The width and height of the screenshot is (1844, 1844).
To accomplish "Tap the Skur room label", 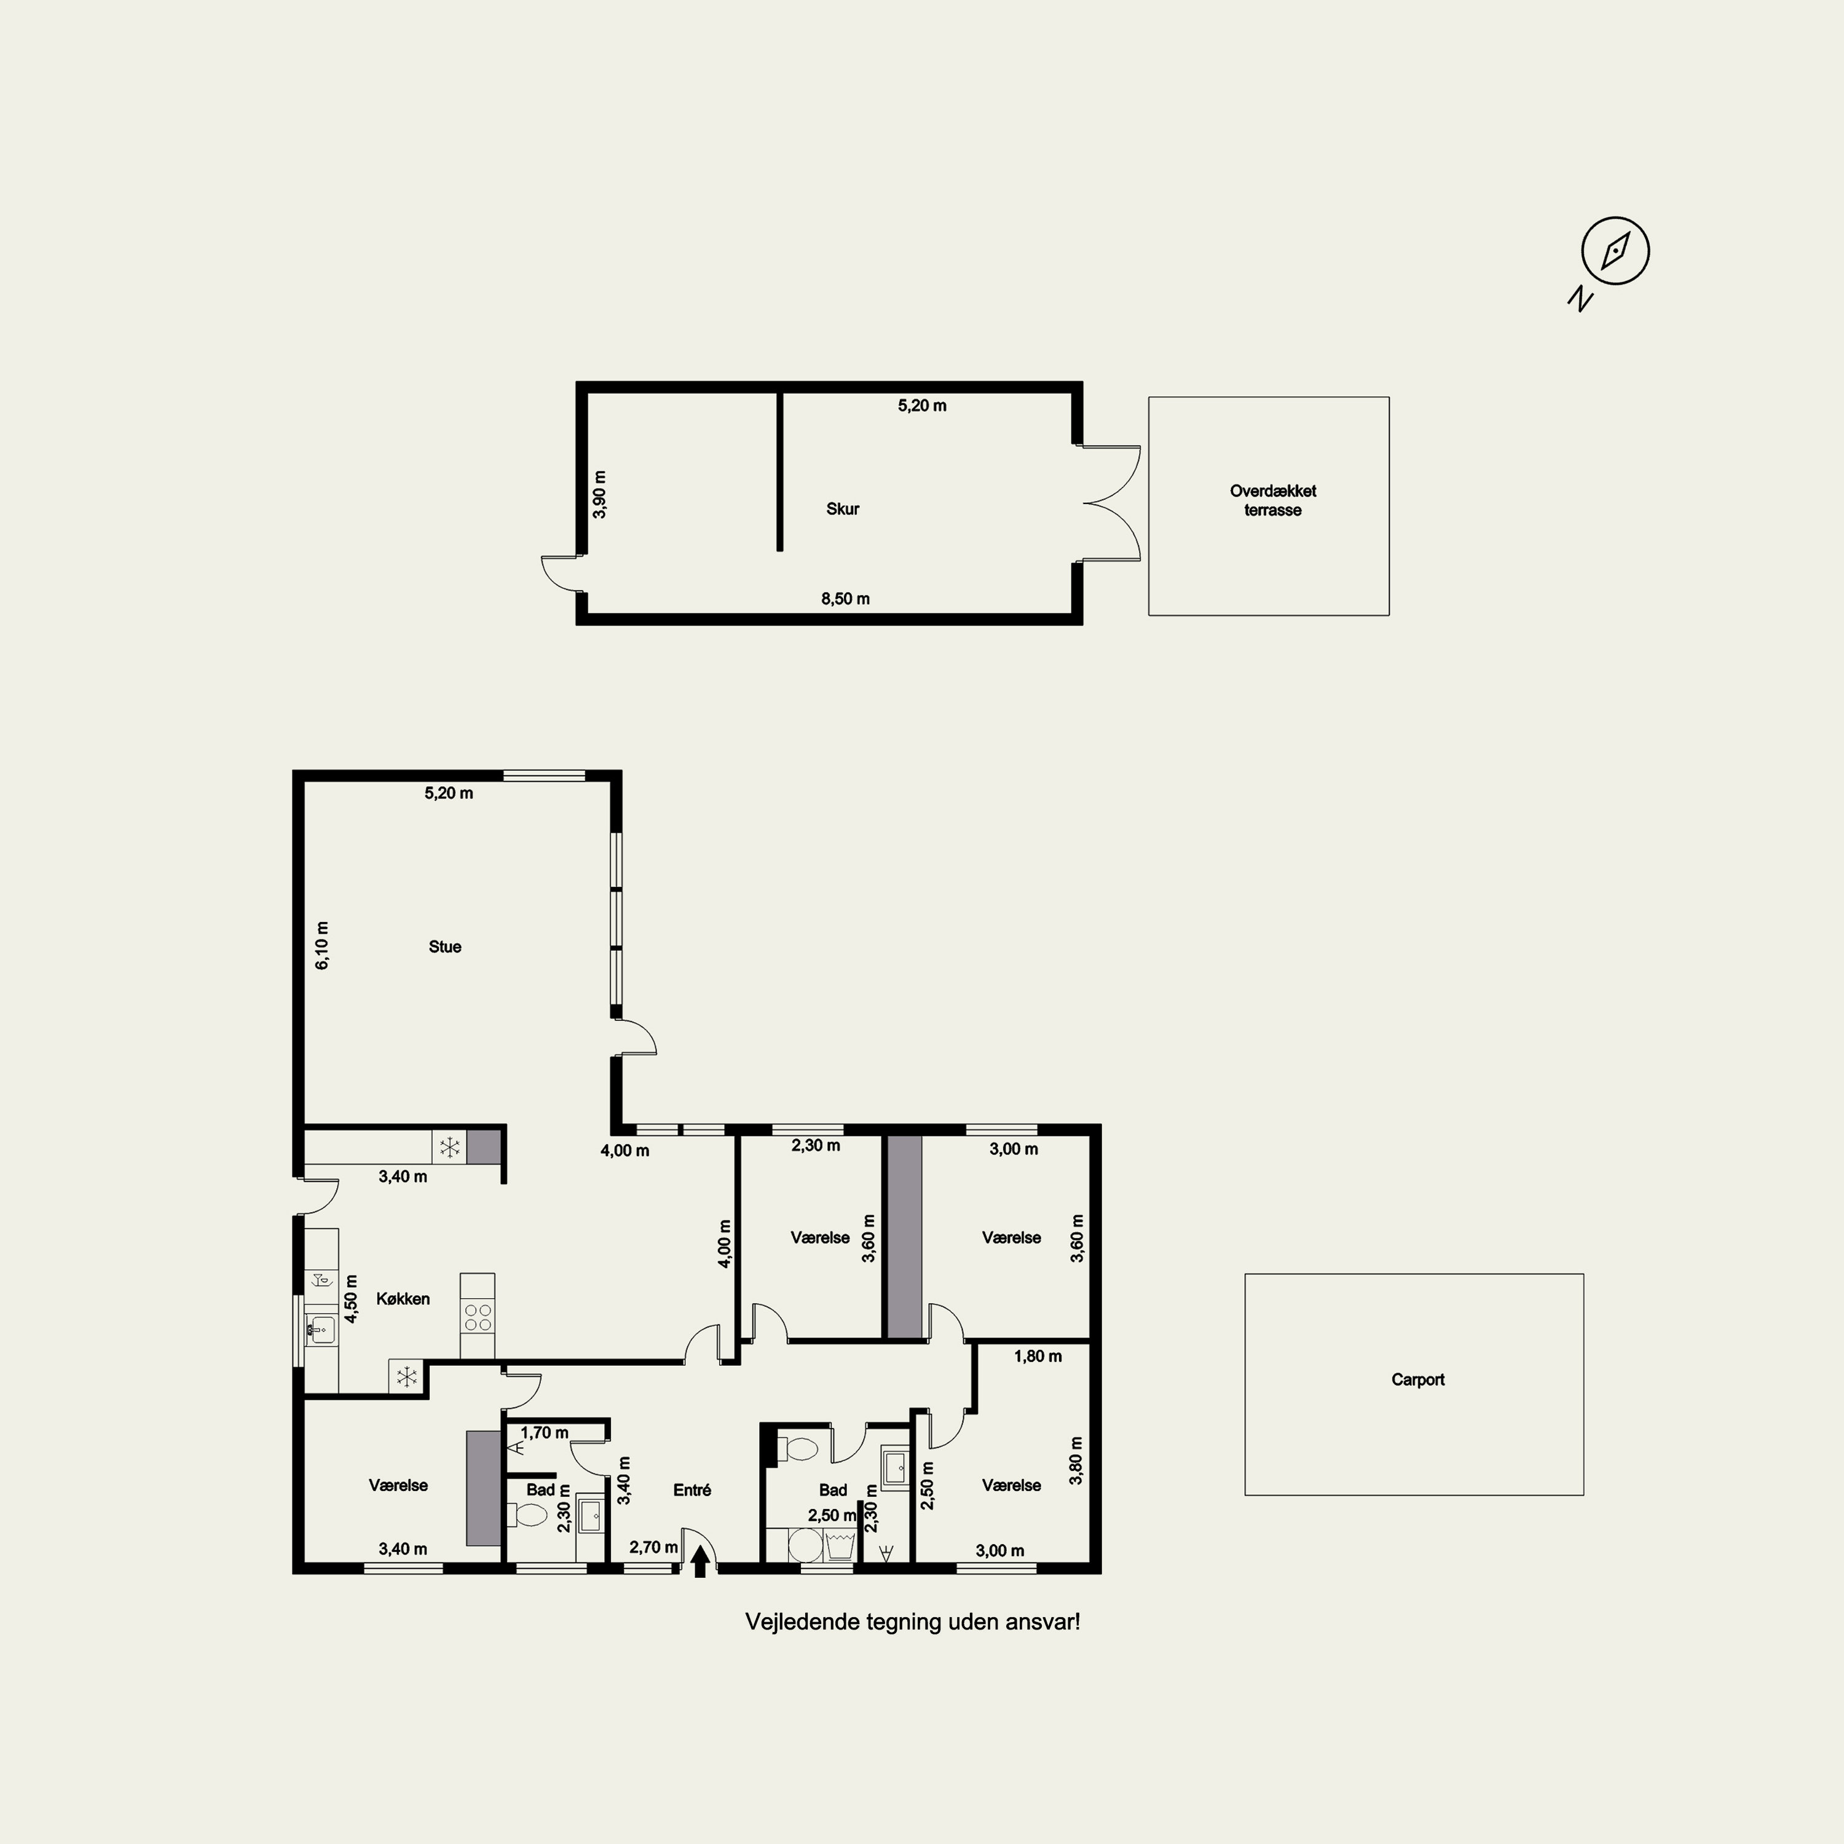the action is point(843,509).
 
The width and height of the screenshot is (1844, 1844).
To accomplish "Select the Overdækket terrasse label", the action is point(1272,500).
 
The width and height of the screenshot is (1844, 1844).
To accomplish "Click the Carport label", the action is point(1417,1379).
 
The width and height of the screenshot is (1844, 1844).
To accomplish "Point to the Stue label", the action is point(445,947).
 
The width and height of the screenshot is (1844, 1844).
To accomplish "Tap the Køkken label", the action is point(403,1299).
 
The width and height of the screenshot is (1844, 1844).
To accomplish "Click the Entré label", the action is point(692,1490).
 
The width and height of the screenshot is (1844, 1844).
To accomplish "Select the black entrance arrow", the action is point(699,1561).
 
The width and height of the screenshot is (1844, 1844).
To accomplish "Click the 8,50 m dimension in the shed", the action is point(846,599).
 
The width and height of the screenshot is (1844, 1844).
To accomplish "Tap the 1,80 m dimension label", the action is point(1038,1357).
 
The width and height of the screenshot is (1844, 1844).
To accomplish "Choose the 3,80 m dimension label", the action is point(1077,1460).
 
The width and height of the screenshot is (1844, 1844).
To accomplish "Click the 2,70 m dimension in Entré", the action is point(654,1547).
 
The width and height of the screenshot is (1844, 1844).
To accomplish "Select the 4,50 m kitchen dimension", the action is point(351,1299).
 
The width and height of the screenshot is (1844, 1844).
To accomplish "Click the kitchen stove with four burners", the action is point(477,1318).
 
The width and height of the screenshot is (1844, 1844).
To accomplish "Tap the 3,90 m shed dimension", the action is point(599,494).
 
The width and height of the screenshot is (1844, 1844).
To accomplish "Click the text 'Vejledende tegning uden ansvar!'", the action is point(912,1621).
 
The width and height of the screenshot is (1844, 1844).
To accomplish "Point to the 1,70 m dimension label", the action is point(544,1433).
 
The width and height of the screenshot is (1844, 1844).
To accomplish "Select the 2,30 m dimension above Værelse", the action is point(816,1145).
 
